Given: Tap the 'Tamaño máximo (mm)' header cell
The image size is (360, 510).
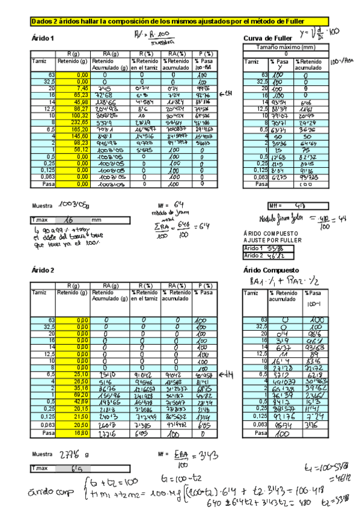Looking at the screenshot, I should [285, 47].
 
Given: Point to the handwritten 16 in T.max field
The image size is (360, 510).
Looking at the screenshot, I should [69, 220].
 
